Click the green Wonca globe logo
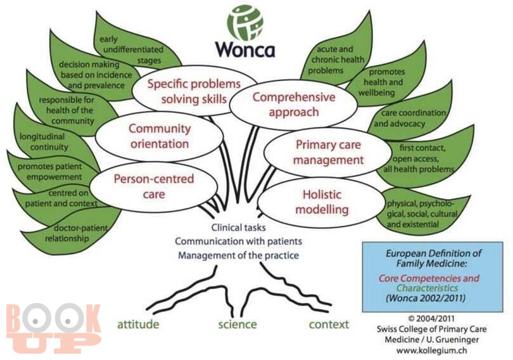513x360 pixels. pyautogui.click(x=245, y=23)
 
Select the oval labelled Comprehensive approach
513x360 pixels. pyautogui.click(x=293, y=105)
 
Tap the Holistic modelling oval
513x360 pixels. pyautogui.click(x=322, y=202)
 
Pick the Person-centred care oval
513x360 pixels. pyautogui.click(x=154, y=186)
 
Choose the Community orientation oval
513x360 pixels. pyautogui.click(x=160, y=136)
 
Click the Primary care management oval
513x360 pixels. pyautogui.click(x=328, y=153)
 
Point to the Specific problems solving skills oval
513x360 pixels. pyautogui.click(x=194, y=91)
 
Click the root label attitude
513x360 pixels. pyautogui.click(x=139, y=325)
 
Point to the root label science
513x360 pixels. pyautogui.click(x=237, y=325)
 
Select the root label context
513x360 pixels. pyautogui.click(x=329, y=325)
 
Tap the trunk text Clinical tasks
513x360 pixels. pyautogui.click(x=238, y=228)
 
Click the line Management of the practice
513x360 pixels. pyautogui.click(x=238, y=255)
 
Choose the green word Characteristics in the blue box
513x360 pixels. pyautogui.click(x=427, y=288)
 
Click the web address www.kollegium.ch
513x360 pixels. pyautogui.click(x=431, y=350)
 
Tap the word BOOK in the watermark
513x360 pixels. pyautogui.click(x=53, y=318)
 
